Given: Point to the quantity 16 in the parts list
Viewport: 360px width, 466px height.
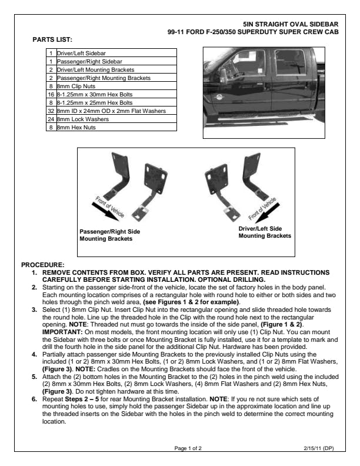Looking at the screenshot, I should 51,94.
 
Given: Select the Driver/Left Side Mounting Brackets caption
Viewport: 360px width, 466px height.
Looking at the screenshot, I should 264,231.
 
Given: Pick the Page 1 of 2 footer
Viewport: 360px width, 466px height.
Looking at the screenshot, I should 188,448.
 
